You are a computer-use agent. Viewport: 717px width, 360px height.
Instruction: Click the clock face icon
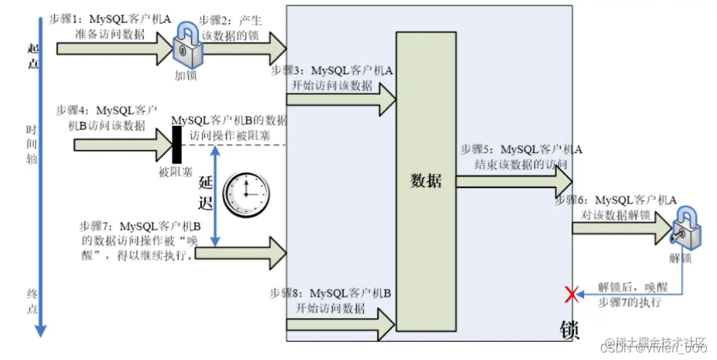246,194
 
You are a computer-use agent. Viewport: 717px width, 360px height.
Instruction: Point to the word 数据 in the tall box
426,181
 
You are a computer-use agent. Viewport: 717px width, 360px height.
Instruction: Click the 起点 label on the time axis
34,56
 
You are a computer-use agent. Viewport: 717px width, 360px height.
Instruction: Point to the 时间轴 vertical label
32,145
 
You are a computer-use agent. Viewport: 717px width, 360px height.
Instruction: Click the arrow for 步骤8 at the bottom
342,325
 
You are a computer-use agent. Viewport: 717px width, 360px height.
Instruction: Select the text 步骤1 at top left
63,20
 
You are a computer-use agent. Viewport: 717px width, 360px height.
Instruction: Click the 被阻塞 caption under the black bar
175,170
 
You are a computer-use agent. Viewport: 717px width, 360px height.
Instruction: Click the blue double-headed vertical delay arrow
216,197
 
